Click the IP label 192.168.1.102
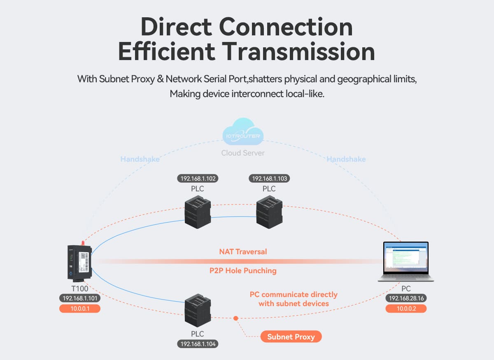(x=198, y=179)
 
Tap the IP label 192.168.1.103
(x=269, y=179)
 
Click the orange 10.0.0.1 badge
(x=80, y=308)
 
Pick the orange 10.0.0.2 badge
(x=405, y=308)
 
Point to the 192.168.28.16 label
(x=405, y=298)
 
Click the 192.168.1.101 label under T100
(x=80, y=298)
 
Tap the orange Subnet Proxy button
(x=291, y=337)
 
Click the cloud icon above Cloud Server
(x=243, y=132)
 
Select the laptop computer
(x=405, y=262)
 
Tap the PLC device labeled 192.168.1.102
(x=198, y=212)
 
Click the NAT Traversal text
(x=243, y=251)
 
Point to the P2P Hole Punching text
(x=243, y=271)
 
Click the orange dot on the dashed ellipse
(x=235, y=318)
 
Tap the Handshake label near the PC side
(x=346, y=159)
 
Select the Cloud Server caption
(x=243, y=153)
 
